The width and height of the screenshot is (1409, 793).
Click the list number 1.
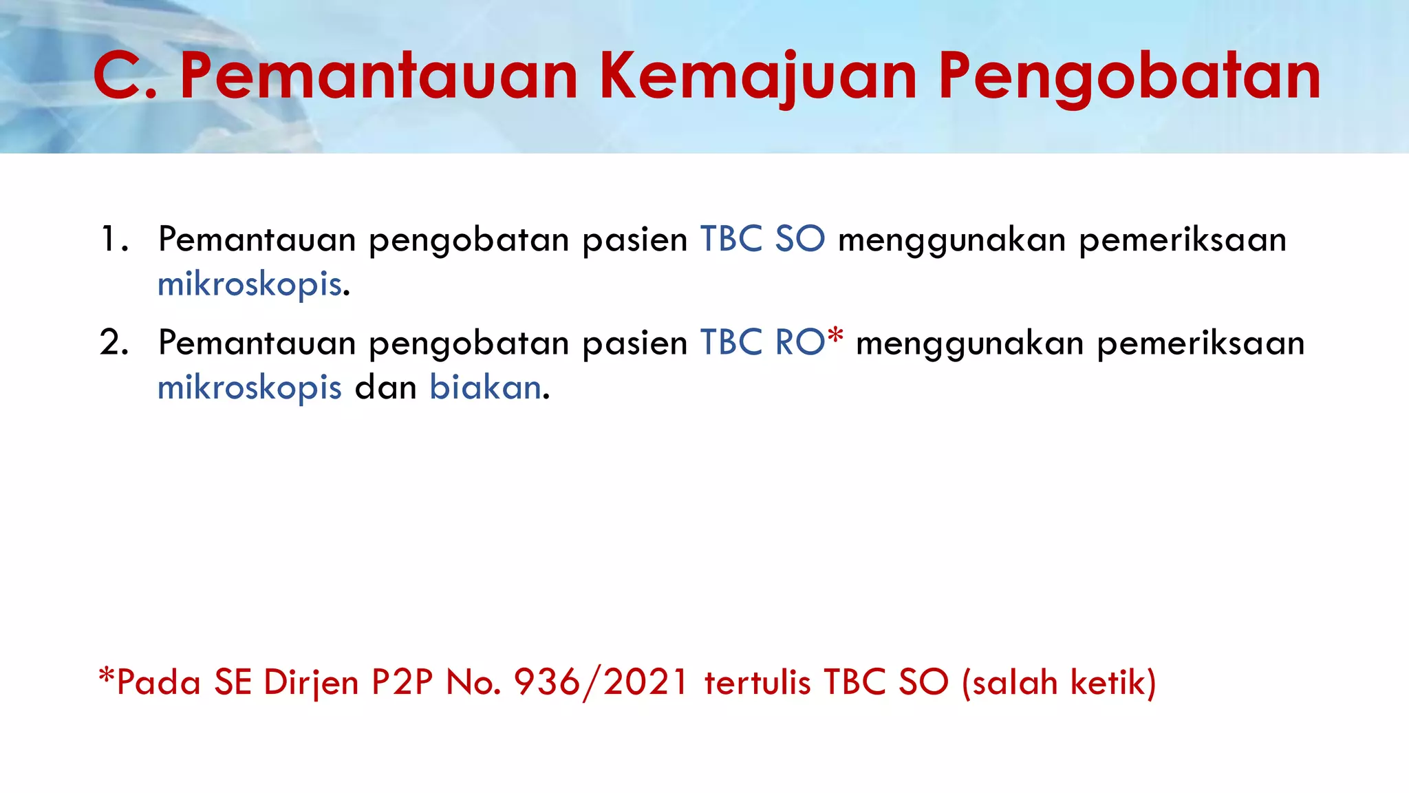114,240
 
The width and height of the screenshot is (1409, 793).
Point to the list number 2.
114,343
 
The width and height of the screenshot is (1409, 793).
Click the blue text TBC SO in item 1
762,240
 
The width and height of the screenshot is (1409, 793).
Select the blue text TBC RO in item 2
762,343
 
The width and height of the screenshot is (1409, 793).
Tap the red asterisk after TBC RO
835,337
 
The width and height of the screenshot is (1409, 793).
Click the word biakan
486,388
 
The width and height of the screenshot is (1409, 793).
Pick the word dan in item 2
385,388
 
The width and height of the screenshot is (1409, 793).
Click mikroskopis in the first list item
250,284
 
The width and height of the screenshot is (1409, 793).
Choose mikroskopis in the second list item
250,388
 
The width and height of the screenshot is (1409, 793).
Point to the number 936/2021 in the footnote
601,682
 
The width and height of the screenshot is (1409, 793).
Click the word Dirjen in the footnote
311,682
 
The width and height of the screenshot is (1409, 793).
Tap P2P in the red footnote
402,682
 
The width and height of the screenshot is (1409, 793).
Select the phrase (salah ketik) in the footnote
1059,682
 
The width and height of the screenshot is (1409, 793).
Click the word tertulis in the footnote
757,682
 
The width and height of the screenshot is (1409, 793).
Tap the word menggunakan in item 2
969,343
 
